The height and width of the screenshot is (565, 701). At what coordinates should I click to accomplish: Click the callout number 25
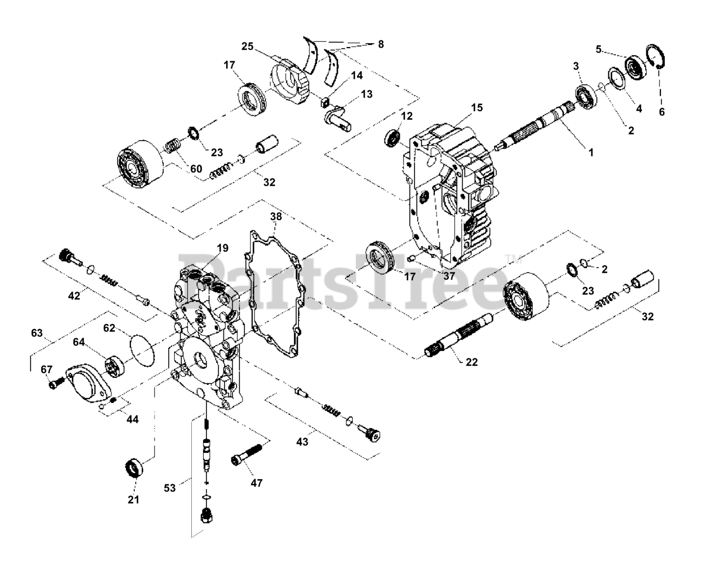point(248,47)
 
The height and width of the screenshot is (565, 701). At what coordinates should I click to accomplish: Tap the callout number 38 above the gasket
point(276,217)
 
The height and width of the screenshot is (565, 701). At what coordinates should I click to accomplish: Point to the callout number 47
point(257,482)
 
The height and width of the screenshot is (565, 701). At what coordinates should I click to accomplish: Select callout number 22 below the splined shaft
point(471,362)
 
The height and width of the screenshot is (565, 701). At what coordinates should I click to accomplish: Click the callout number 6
point(662,111)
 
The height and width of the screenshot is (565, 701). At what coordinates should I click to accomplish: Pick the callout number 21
point(134,499)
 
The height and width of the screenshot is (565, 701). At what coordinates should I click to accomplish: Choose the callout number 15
point(476,108)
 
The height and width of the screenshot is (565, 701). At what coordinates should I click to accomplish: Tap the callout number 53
point(170,487)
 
